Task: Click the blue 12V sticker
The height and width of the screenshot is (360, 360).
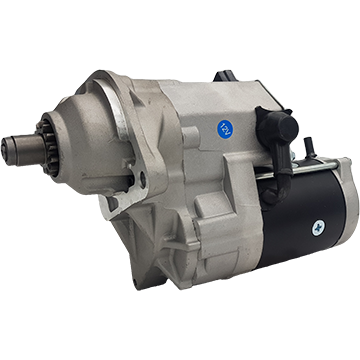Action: [x=225, y=129]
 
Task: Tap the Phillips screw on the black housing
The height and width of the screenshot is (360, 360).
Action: [x=317, y=228]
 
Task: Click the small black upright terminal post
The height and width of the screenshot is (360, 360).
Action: [x=309, y=147]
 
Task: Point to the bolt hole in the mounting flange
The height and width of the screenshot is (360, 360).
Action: [x=143, y=180]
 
